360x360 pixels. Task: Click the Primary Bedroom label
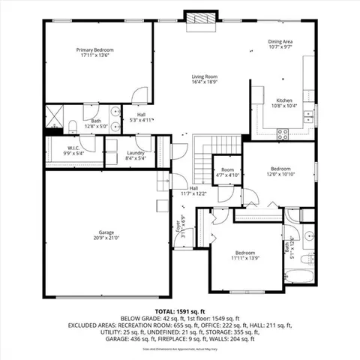coord(94,52)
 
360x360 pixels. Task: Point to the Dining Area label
coord(281,44)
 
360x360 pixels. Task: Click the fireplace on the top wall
coord(201,16)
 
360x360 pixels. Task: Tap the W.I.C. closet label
coord(74,151)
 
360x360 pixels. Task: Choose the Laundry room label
coord(136,155)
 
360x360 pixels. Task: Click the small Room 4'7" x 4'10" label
coord(227,172)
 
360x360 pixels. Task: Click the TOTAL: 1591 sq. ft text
coord(180,310)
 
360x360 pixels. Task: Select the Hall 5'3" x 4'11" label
coord(142,117)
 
